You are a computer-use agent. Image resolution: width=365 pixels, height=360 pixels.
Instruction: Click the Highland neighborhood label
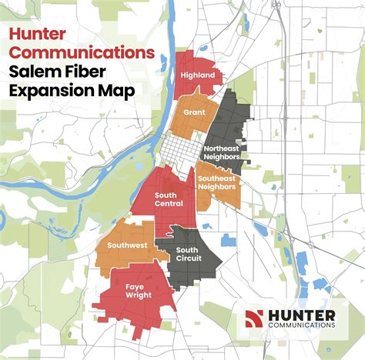[198, 76]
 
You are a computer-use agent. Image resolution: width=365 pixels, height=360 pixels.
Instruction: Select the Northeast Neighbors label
[223, 152]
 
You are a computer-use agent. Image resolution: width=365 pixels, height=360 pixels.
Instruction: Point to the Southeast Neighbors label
[218, 182]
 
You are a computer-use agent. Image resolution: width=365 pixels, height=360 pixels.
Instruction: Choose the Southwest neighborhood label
[128, 245]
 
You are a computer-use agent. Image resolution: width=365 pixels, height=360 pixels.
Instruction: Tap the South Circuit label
[188, 254]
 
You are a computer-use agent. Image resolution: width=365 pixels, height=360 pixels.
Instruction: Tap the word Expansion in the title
[54, 91]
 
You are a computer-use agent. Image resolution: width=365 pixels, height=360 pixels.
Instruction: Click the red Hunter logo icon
[254, 318]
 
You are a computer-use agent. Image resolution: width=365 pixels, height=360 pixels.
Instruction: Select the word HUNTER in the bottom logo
[301, 315]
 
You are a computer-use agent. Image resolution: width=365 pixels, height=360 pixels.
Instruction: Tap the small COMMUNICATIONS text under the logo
[301, 326]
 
